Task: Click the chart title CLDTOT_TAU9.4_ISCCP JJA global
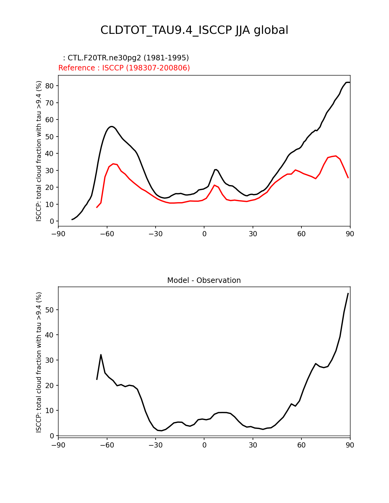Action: [194, 30]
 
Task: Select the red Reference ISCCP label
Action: [124, 68]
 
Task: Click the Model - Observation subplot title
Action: [204, 280]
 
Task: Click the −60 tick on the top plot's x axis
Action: [107, 234]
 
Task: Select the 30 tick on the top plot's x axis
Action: [253, 234]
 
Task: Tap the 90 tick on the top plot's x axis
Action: [350, 234]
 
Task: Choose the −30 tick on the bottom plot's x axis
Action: [155, 445]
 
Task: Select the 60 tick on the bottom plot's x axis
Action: [301, 445]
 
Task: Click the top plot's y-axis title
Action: [39, 151]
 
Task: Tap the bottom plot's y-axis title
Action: [39, 362]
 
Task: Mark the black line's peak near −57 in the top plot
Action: [112, 126]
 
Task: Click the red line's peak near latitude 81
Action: [336, 156]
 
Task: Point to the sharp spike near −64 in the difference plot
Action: [101, 355]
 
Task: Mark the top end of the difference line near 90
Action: [348, 293]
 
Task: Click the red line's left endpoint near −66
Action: [97, 208]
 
